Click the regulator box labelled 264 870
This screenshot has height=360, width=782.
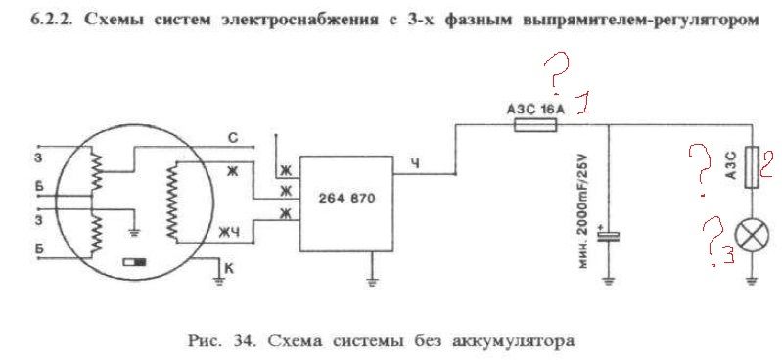(x=345, y=203)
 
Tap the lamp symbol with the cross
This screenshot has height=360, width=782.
(x=752, y=237)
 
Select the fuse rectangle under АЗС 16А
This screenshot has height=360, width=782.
(x=535, y=125)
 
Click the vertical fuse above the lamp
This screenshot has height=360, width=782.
(x=752, y=166)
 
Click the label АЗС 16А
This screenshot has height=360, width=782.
(x=535, y=110)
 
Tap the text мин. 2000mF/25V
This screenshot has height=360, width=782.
(x=584, y=211)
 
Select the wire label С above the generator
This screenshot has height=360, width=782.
(x=233, y=137)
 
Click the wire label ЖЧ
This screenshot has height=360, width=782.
(x=230, y=232)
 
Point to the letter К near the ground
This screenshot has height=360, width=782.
(x=229, y=269)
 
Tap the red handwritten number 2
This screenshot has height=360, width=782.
(x=765, y=164)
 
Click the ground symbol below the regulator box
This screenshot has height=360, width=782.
(x=372, y=281)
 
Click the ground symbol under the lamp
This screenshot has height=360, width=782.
(x=752, y=281)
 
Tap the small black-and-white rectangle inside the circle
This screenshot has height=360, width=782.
(x=135, y=262)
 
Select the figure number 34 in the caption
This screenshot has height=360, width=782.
(x=243, y=340)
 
